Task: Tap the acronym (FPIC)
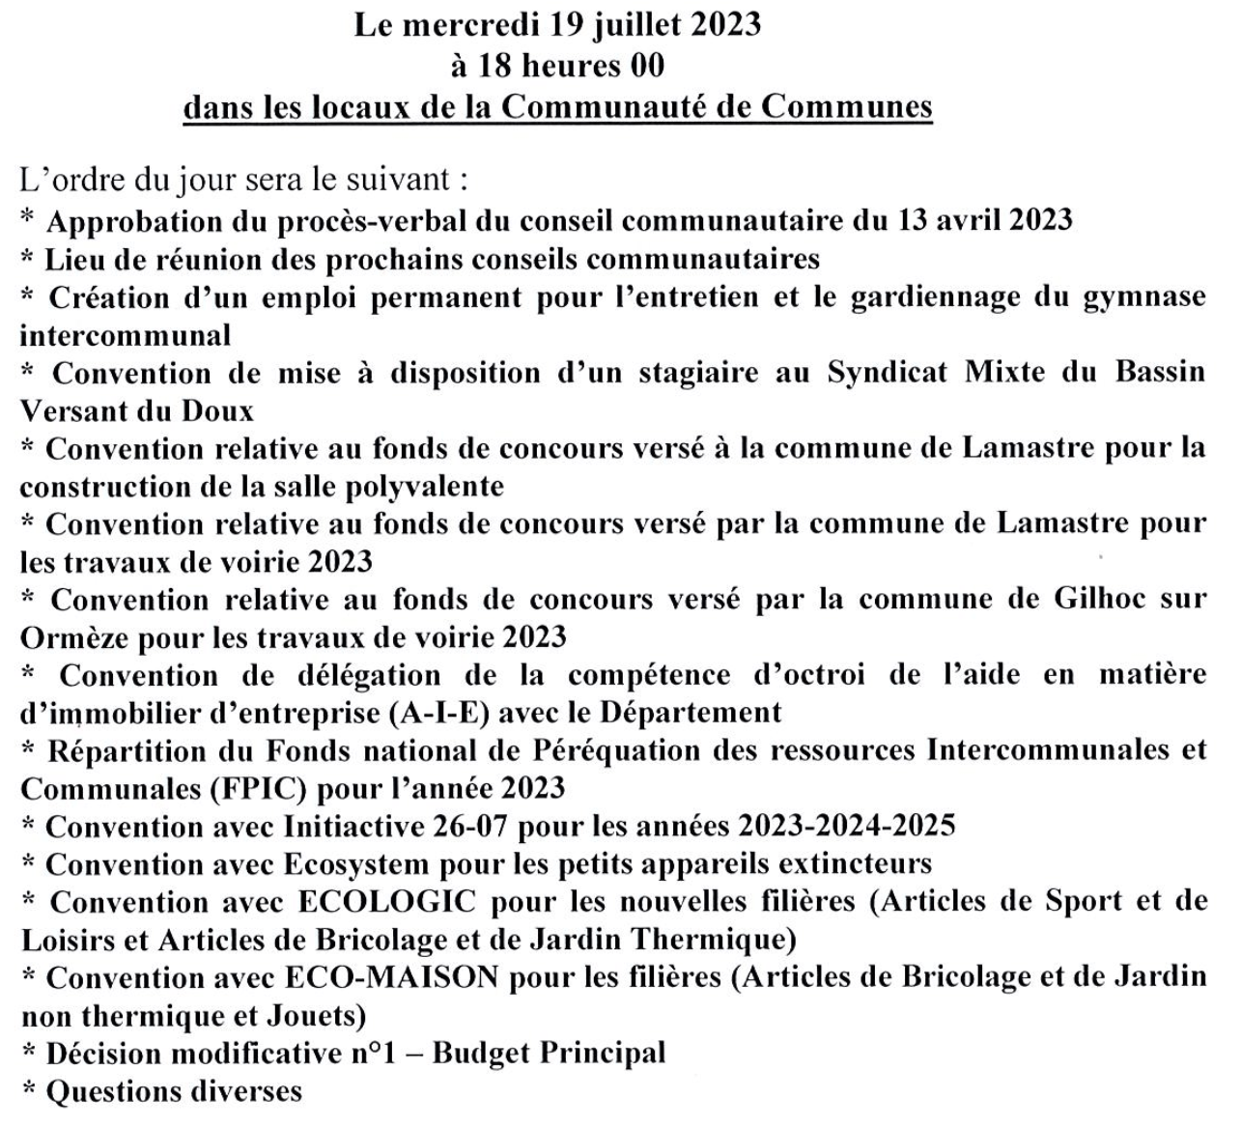tap(258, 789)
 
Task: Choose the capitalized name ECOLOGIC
tap(387, 903)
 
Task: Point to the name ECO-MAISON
tap(392, 978)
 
